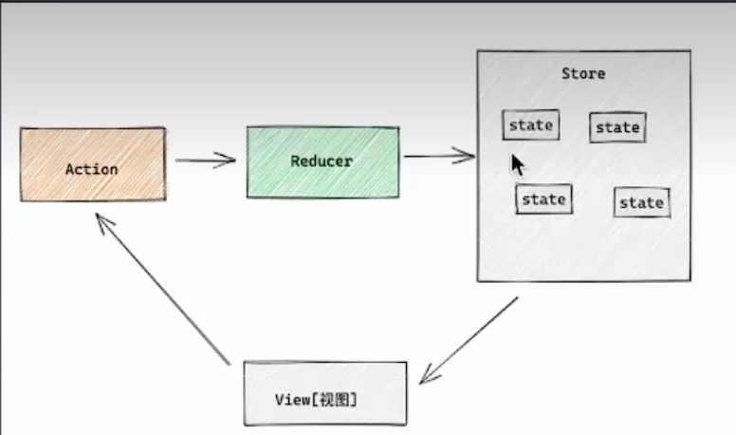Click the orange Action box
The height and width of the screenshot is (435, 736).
click(x=93, y=164)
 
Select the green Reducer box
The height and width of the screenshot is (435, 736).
click(x=322, y=161)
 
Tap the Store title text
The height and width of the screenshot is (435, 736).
click(x=582, y=73)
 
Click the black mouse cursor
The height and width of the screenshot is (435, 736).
click(x=517, y=165)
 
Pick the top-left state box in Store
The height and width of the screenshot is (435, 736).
click(x=530, y=124)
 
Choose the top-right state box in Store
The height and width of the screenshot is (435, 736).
click(x=617, y=127)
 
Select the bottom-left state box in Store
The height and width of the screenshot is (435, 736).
click(x=543, y=199)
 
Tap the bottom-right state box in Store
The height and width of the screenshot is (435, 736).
click(x=641, y=202)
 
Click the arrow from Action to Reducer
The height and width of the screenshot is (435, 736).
click(x=205, y=160)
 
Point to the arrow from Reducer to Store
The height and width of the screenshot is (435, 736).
click(x=439, y=156)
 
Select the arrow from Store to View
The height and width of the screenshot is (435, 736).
click(x=469, y=340)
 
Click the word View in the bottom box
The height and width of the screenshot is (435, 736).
click(x=292, y=400)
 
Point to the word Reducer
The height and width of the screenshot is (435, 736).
click(x=322, y=161)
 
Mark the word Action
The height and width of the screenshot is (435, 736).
click(x=91, y=169)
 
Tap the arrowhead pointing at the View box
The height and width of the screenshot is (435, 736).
click(x=428, y=375)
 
